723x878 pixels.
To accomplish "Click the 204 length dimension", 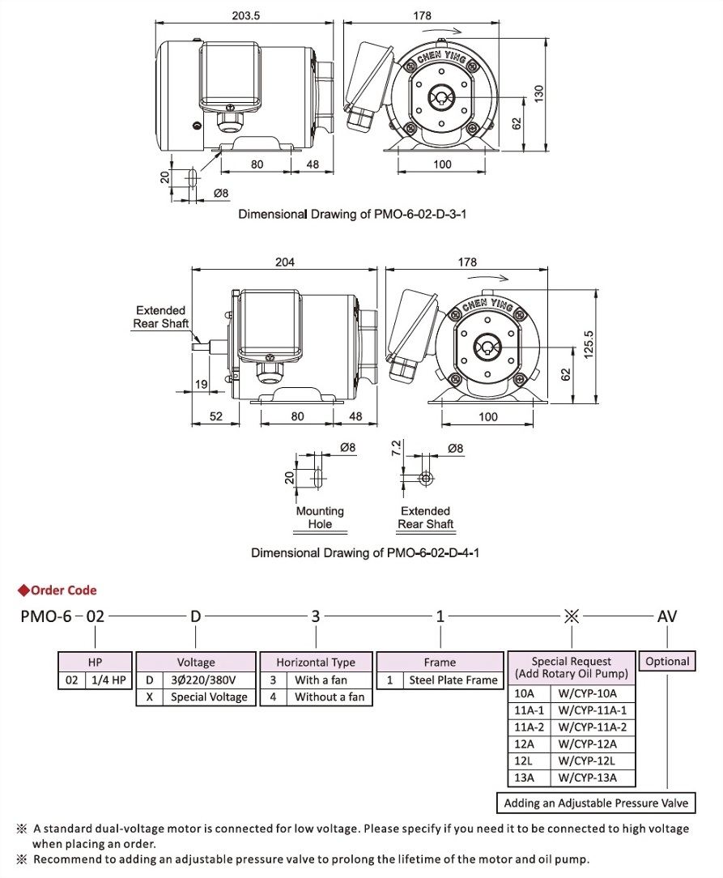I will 285,262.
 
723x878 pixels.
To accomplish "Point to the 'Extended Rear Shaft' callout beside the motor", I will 160,317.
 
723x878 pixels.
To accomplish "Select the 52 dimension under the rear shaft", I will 215,416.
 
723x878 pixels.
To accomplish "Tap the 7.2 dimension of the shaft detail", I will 396,448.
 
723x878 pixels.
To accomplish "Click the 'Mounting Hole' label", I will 320,518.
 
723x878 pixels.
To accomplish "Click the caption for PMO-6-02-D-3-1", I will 353,215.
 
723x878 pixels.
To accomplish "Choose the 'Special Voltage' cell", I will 209,697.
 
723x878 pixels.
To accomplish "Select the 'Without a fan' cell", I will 329,697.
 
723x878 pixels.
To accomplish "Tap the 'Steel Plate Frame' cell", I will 453,680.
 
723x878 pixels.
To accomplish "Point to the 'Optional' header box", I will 667,661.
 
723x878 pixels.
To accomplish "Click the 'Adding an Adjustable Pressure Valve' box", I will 595,803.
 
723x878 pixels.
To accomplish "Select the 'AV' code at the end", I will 666,616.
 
